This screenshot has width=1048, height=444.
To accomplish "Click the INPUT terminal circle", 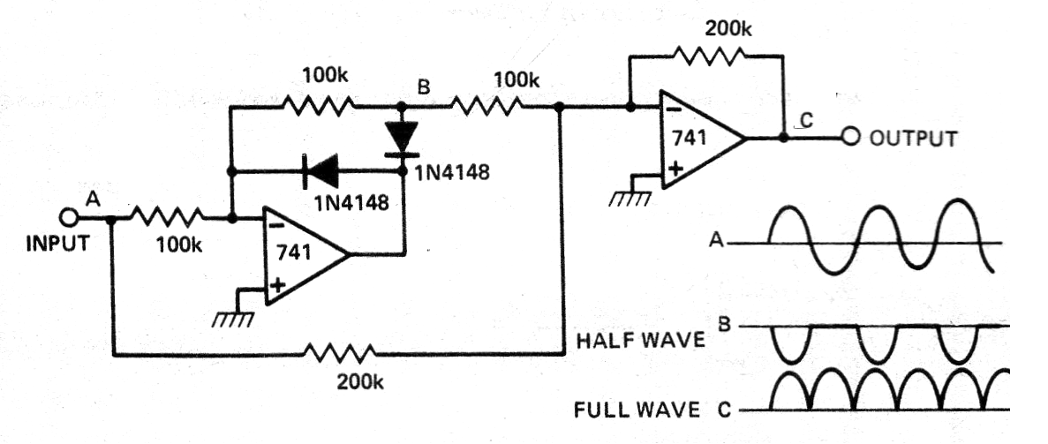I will point(68,217).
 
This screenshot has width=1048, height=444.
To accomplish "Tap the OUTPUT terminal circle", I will point(852,138).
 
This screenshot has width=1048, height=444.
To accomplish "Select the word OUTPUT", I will point(912,139).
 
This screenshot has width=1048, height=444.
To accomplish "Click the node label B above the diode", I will point(424,89).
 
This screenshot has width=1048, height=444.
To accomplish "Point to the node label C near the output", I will point(806,121).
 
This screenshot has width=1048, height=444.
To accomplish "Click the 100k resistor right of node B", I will point(486,106).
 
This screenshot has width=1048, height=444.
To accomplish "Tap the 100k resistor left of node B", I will point(319,106).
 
